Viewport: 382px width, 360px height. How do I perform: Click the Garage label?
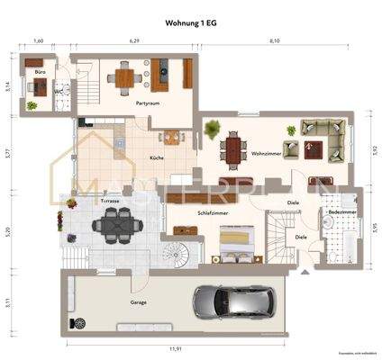point(139,301)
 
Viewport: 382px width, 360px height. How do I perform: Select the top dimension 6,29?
point(134,41)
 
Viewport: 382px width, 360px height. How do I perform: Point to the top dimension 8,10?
point(275,41)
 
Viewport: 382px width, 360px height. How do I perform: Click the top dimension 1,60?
point(39,41)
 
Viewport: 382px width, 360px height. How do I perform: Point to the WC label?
point(58,91)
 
